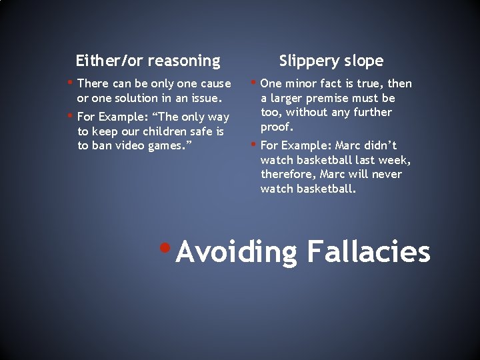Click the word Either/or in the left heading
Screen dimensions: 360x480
[x=109, y=61]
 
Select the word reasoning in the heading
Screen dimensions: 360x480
[x=184, y=61]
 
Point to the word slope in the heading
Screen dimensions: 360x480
[x=366, y=61]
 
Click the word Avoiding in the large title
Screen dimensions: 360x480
[x=237, y=252]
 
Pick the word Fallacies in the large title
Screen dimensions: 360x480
[x=369, y=252]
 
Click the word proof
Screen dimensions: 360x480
[x=277, y=127]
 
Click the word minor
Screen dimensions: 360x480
[x=305, y=83]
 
